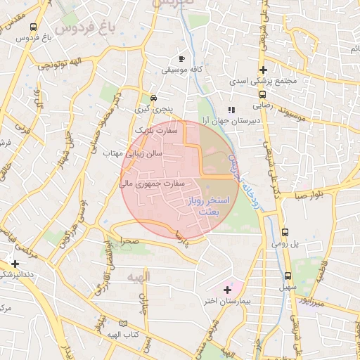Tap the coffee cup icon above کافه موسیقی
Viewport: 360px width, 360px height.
(x=182, y=58)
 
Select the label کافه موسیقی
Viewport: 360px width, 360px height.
(x=182, y=70)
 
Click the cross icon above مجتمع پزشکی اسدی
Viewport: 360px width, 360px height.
(x=263, y=70)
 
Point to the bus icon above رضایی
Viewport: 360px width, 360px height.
(x=262, y=94)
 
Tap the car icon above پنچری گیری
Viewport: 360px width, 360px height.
(x=153, y=98)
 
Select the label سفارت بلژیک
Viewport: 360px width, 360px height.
(x=153, y=131)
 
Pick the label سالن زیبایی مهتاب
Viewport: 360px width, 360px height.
(x=143, y=153)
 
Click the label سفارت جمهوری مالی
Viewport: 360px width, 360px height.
(x=153, y=184)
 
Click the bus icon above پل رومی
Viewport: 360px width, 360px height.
(x=285, y=232)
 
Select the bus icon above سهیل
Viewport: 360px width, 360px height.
(x=288, y=276)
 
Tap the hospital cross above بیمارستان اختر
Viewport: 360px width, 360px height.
(x=227, y=289)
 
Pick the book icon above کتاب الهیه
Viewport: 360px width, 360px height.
(x=124, y=323)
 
